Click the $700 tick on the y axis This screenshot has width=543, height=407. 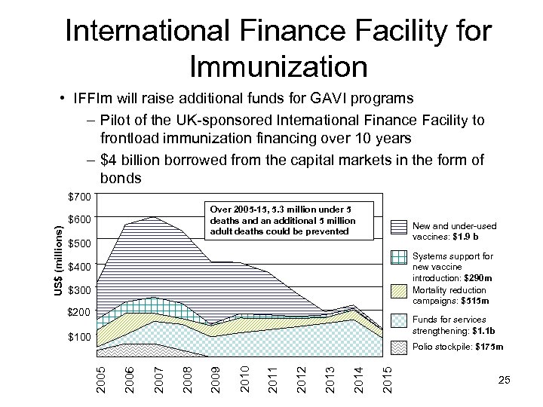78,197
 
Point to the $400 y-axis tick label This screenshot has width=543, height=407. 78,267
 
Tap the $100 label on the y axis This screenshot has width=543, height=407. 78,337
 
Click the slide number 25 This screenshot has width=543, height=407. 505,381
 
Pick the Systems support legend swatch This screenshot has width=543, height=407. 398,258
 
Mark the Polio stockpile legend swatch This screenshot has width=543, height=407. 398,347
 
